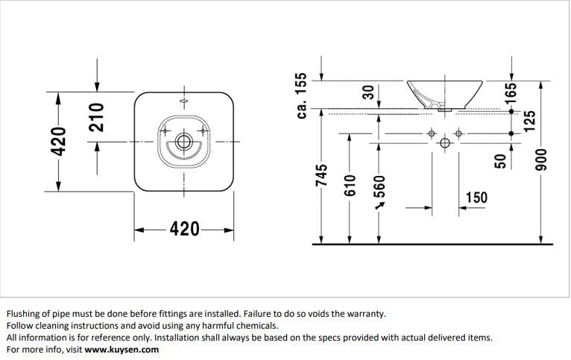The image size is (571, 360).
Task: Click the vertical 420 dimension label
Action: coord(59,141)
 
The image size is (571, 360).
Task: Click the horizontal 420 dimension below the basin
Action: coord(184,229)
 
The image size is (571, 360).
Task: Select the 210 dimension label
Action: coord(96,118)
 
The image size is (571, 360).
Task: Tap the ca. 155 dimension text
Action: coord(301,95)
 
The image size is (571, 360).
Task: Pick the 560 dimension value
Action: coord(379,188)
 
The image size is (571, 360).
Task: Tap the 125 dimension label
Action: coord(530,121)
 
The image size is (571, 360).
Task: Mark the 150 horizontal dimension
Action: coord(476,198)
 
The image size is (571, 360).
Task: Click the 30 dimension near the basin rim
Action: coord(367,92)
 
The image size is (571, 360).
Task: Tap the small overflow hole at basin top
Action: coord(183,100)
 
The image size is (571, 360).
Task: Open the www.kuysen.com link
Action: coord(122,349)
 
